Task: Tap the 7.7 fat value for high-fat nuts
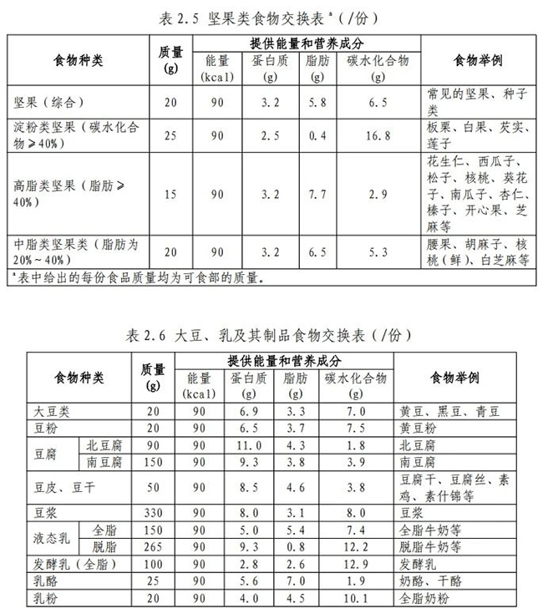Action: (315, 194)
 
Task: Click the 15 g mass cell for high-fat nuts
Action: (171, 194)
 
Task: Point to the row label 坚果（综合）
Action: (48, 102)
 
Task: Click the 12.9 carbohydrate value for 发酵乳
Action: (355, 563)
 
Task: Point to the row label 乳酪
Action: (47, 580)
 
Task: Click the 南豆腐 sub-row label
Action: (105, 461)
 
